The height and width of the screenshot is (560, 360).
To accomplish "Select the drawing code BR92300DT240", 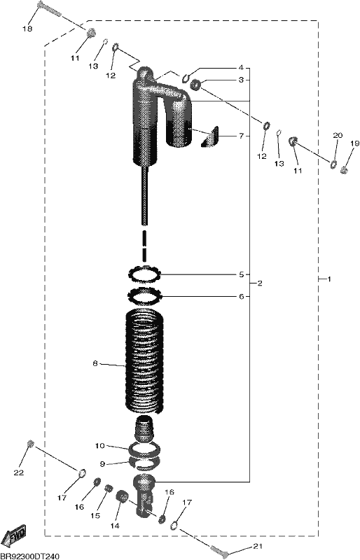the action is click(29, 556).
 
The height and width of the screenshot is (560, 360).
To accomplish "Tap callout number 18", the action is click(27, 29).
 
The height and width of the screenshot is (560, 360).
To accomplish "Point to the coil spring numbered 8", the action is click(146, 360).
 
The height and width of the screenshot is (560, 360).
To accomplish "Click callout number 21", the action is click(258, 546).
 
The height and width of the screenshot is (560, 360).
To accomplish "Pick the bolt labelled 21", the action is click(219, 551).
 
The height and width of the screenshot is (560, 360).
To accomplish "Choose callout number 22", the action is click(19, 472).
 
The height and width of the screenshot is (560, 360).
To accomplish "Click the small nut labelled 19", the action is click(345, 170).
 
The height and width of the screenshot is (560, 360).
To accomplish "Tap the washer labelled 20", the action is click(333, 164).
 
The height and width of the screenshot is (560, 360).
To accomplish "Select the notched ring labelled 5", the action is click(145, 274).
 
